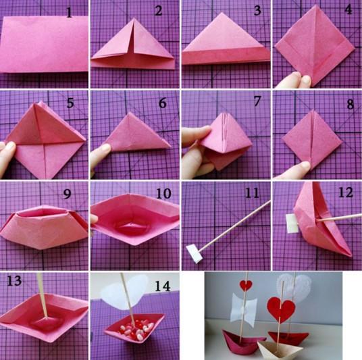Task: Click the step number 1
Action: click(70, 12)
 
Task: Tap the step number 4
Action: click(348, 9)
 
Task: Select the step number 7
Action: click(257, 101)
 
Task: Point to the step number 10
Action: click(163, 193)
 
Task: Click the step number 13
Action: click(14, 280)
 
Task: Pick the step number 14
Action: click(163, 286)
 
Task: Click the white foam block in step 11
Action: click(195, 254)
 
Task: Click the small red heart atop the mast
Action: click(246, 285)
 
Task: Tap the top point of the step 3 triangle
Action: click(222, 12)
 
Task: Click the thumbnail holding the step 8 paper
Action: click(305, 165)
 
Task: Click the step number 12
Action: click(345, 192)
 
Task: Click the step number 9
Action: click(67, 194)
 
